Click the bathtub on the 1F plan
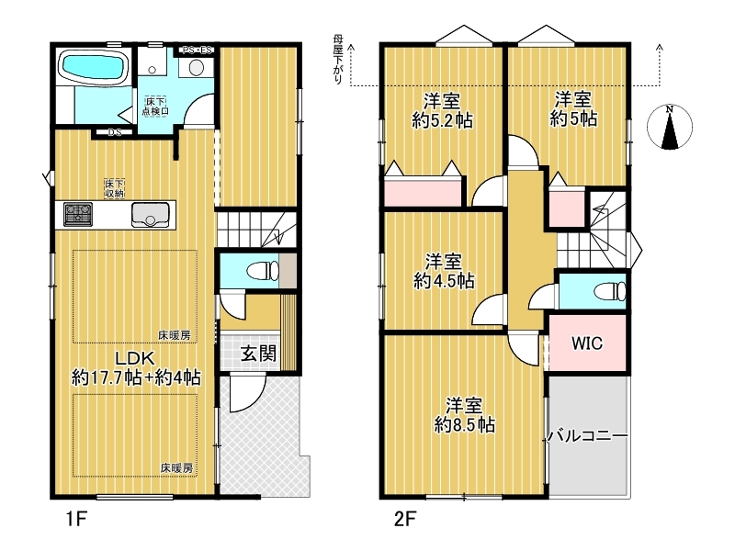point(91,66)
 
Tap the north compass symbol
point(670,128)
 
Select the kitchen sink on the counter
point(150,215)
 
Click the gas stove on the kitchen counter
point(78,214)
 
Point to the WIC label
point(587,343)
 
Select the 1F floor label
point(76,519)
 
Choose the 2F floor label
point(405,519)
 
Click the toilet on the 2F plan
point(610,291)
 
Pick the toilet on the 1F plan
point(263,271)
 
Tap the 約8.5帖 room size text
point(465,425)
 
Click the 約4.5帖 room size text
point(444,281)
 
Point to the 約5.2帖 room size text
point(442,121)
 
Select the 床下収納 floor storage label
point(114,188)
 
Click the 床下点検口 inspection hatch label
point(155,107)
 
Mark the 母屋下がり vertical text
point(338,59)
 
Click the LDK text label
point(135,358)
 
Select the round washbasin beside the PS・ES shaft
point(196,68)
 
